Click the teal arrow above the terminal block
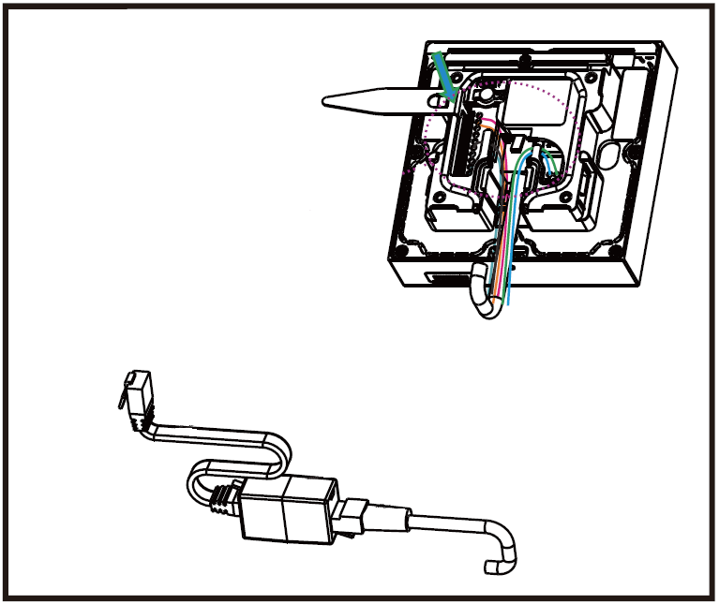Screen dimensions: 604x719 click(442, 76)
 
